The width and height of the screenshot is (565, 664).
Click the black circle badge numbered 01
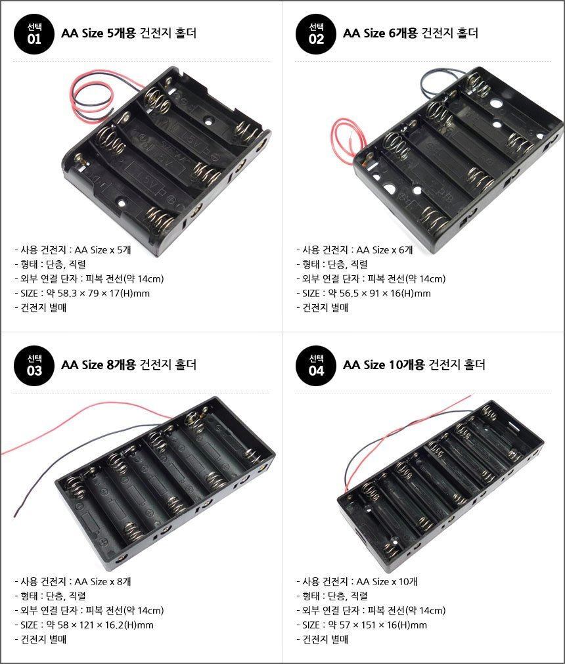point(34,34)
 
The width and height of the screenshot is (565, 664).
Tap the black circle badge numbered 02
point(316,34)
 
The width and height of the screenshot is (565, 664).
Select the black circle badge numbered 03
point(34,365)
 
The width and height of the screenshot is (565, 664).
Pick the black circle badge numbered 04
point(316,365)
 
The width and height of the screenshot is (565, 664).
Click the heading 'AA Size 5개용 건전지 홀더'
point(129,33)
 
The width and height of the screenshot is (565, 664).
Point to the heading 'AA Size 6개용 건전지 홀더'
point(411,33)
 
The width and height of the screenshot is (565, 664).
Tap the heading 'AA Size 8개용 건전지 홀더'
point(129,365)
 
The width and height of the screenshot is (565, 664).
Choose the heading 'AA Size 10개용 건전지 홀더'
point(414,365)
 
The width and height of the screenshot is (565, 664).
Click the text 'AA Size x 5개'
point(103,250)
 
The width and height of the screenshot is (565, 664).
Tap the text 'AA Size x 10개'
point(387,581)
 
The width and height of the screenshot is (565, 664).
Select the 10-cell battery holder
point(440,485)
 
